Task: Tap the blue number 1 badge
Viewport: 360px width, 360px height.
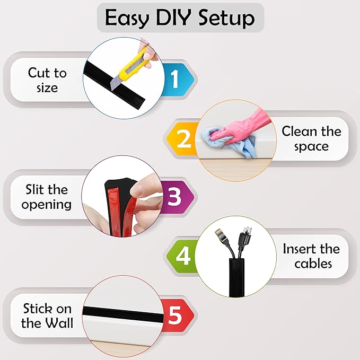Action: pos(174,80)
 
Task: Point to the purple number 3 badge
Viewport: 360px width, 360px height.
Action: pos(174,197)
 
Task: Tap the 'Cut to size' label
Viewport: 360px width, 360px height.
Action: pos(47,80)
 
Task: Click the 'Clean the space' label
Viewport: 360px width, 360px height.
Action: pos(311,138)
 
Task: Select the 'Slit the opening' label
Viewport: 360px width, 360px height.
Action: pos(47,197)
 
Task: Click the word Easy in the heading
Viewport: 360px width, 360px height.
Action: pos(127,18)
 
